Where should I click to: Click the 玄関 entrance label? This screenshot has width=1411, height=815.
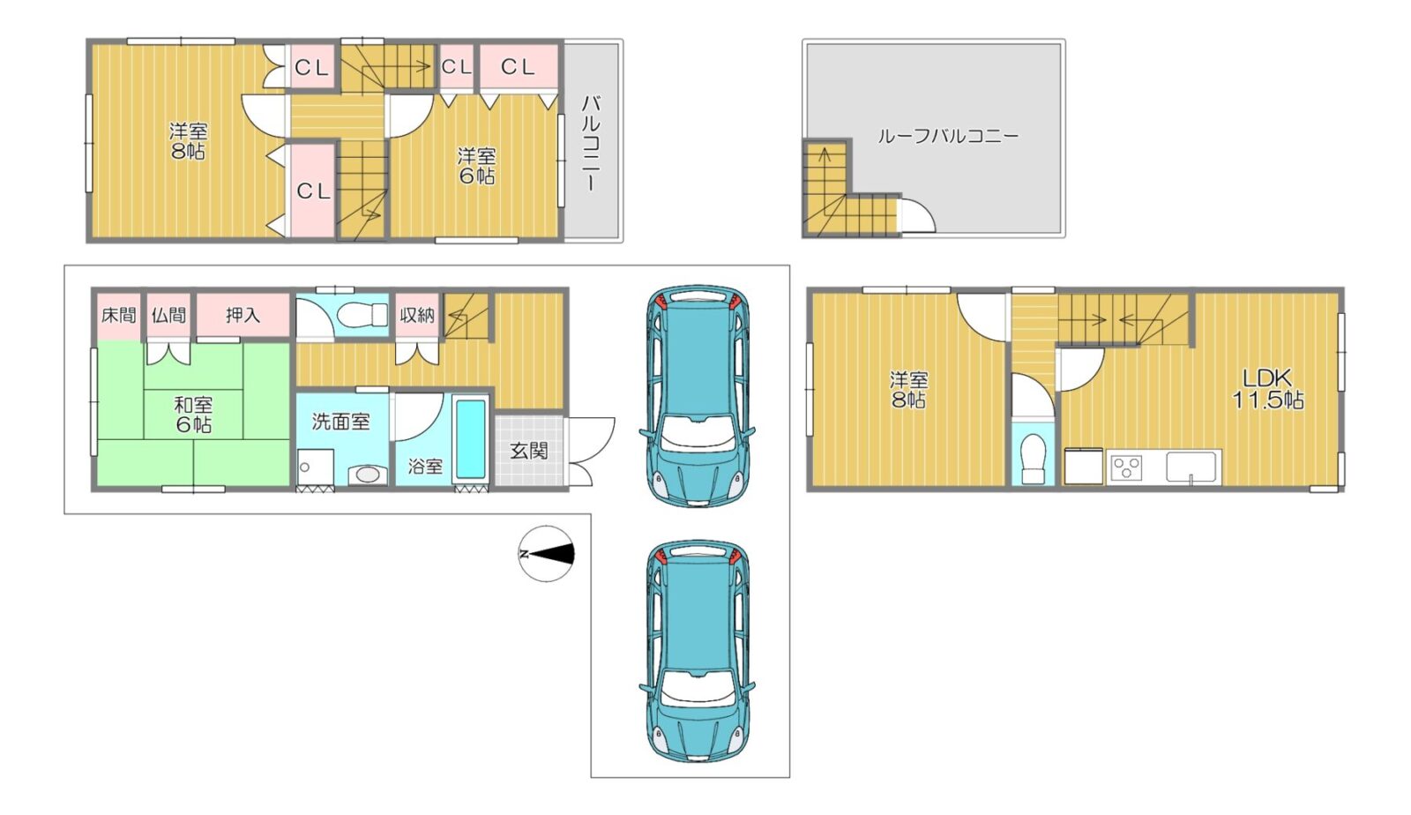(x=528, y=451)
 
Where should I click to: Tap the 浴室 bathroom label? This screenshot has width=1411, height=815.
(x=424, y=466)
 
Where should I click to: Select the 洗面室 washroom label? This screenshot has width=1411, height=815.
(x=340, y=422)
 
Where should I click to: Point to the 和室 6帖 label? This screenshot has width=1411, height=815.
(x=193, y=415)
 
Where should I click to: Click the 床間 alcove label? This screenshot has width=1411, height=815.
(x=118, y=314)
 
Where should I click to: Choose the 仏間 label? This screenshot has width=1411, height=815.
(x=168, y=314)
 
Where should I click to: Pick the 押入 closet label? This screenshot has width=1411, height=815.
(x=243, y=315)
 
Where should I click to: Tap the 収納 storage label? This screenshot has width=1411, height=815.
(x=417, y=315)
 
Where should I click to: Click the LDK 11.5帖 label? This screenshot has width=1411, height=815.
(x=1267, y=389)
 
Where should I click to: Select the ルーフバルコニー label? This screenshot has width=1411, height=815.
(x=948, y=136)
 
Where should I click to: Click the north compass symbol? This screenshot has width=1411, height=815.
(x=546, y=554)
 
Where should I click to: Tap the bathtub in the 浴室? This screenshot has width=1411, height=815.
(x=471, y=438)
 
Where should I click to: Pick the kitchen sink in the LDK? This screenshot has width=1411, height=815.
(x=1191, y=467)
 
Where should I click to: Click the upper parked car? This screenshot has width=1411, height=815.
(x=698, y=395)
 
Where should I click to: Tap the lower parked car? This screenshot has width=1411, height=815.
(x=698, y=651)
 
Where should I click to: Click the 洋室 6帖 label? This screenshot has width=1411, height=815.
(x=477, y=167)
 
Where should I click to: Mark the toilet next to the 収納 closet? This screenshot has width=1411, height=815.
(x=362, y=314)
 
